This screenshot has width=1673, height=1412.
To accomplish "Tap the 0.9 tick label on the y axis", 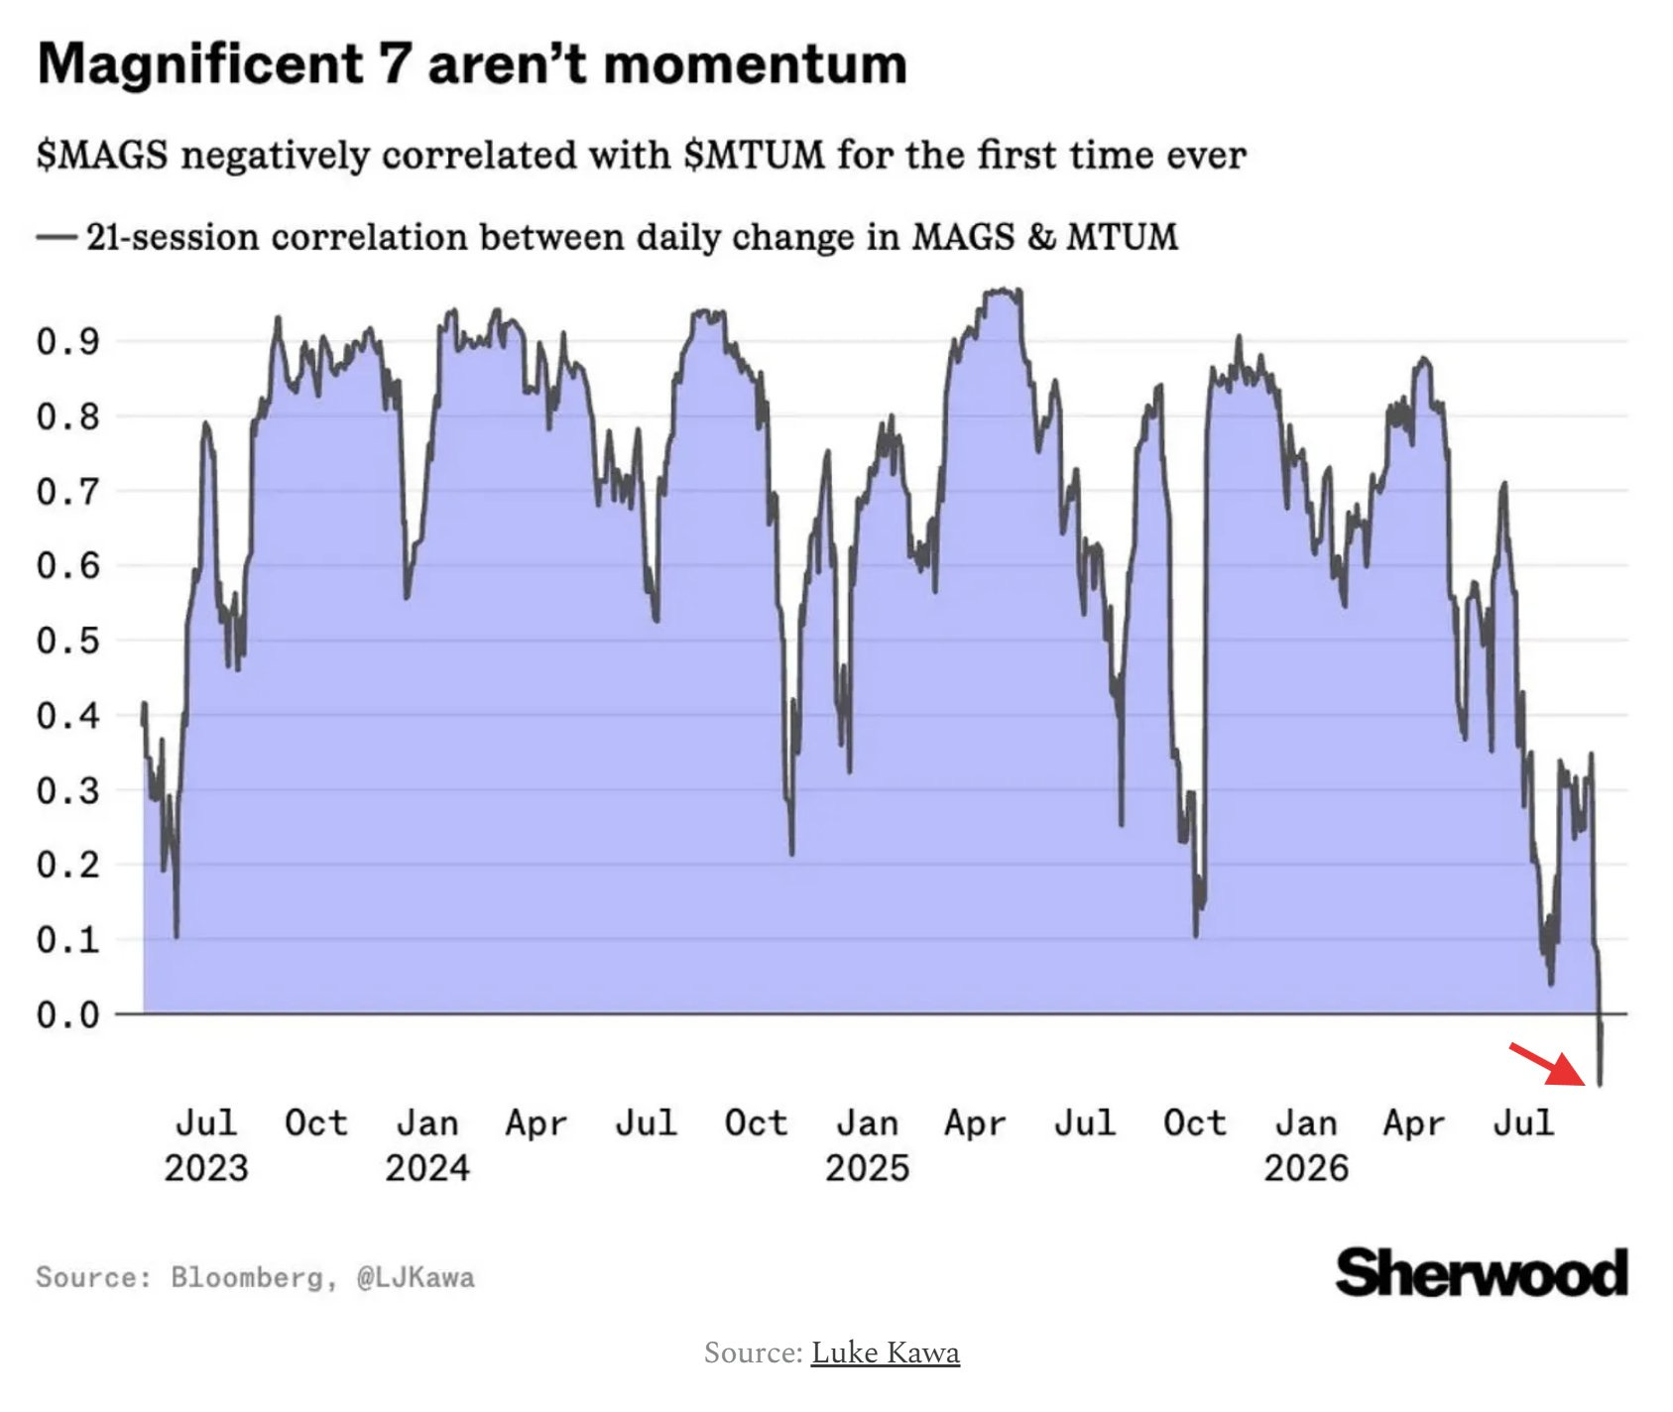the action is [68, 341].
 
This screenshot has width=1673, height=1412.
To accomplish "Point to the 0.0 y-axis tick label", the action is [68, 1014].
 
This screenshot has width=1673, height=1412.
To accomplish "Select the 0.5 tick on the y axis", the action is [68, 641].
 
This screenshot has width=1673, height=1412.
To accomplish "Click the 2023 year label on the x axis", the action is [206, 1168].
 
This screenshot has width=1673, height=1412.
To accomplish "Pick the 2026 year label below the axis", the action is [1306, 1168].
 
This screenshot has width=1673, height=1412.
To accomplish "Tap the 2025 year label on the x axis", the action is [867, 1168].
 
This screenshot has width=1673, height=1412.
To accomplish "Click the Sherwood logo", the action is [1482, 1273].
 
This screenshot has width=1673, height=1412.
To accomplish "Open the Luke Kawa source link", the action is [886, 1353].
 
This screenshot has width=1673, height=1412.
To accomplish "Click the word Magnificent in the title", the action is [200, 64].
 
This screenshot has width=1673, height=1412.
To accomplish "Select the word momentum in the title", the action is [755, 65].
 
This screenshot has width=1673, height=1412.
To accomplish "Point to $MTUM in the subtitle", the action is [754, 156].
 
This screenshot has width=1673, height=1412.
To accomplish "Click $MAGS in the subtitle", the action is [102, 156].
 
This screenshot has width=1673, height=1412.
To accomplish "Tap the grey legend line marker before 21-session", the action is [57, 237].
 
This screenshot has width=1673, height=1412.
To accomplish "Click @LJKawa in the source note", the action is [416, 1277].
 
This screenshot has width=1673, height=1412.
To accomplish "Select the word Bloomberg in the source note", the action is [247, 1277].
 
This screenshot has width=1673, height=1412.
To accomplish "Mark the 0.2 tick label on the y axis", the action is [68, 865].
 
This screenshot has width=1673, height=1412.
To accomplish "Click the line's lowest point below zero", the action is [1600, 1085].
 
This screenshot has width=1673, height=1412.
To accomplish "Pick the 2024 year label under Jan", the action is [427, 1168].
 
